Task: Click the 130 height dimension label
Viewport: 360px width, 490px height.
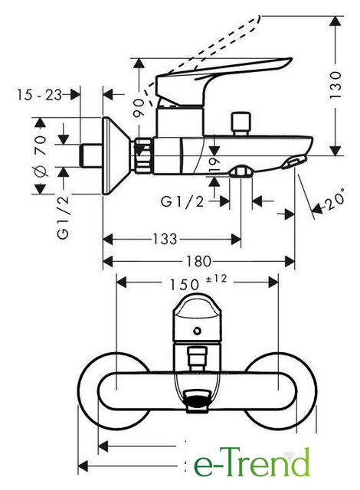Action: coord(335,85)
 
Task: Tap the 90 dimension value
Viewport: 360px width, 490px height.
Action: coord(139,108)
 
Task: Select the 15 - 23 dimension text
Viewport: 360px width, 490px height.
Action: coord(39,95)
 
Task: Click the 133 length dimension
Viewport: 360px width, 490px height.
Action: coord(165,240)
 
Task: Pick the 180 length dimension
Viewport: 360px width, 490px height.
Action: coord(198,261)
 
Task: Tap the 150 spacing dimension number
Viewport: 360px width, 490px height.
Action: coord(185,284)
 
